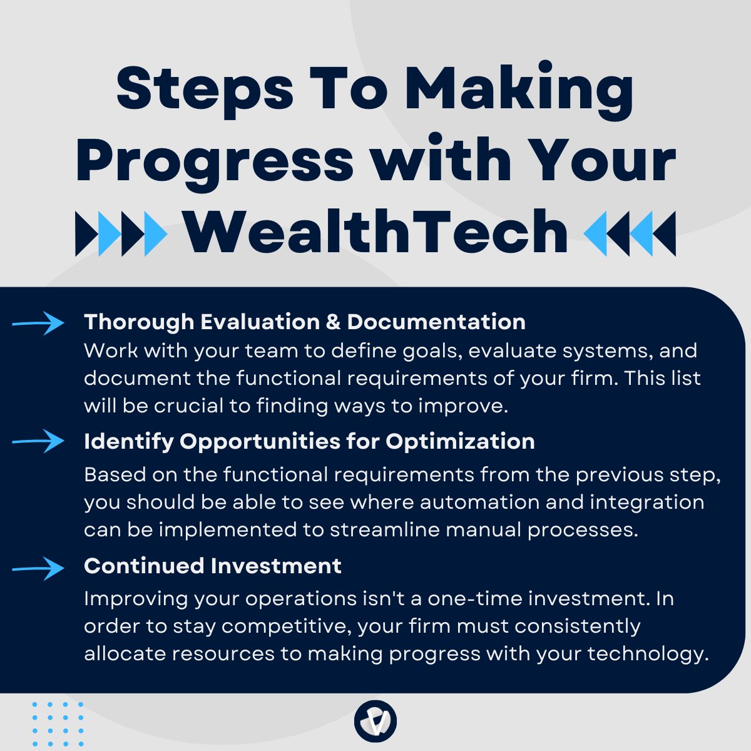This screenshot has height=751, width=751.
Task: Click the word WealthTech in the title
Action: coord(375,232)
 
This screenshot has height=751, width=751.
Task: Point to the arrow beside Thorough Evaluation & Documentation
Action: coord(38,323)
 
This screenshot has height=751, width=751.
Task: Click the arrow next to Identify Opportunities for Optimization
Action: coord(38,441)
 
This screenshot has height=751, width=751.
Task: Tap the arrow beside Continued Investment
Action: coord(38,568)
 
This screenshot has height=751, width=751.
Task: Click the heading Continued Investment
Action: coord(213,566)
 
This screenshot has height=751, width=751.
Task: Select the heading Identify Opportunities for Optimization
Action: coord(309,441)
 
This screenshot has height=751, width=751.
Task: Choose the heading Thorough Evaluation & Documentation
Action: coord(305,322)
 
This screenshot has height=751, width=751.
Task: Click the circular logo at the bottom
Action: coord(375,721)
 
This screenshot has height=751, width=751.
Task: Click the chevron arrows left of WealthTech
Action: coord(121,233)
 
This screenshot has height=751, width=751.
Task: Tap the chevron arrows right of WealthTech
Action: coord(630,233)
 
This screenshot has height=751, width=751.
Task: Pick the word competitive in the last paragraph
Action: coord(292,626)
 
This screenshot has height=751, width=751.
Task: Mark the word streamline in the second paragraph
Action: coord(379,529)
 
